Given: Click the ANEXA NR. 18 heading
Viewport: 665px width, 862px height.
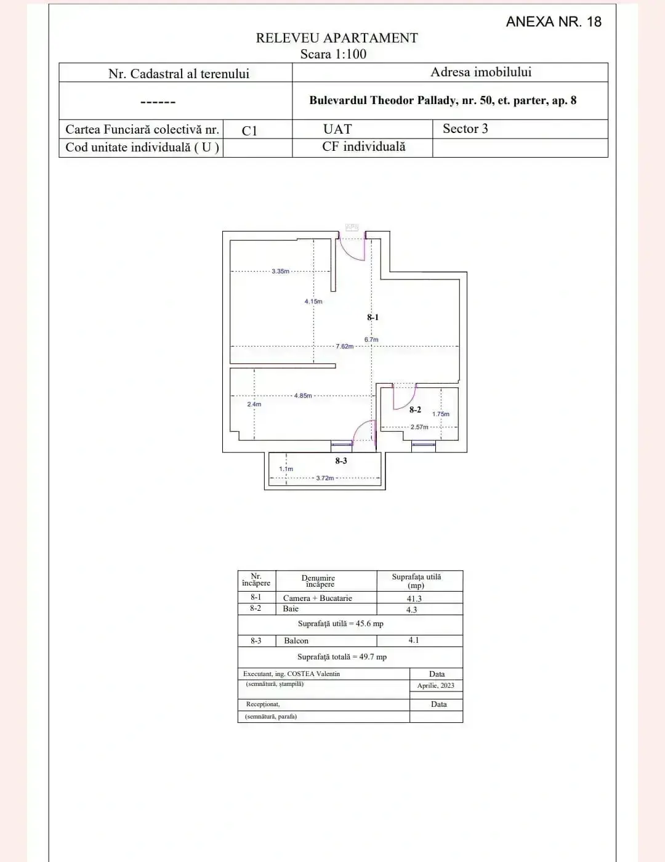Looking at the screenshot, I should (x=553, y=22).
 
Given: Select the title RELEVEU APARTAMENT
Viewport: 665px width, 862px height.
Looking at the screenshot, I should (x=337, y=38).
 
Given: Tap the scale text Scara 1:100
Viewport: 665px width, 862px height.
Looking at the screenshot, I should (x=333, y=54).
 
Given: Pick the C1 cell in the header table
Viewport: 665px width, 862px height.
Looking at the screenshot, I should (x=249, y=131).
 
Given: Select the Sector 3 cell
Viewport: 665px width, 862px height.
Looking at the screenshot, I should (x=465, y=129).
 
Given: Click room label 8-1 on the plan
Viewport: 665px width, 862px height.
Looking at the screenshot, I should (x=373, y=318).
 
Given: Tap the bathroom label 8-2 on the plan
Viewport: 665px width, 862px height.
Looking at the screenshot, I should (x=416, y=409).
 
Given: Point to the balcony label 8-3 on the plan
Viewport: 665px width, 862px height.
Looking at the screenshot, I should (x=341, y=461).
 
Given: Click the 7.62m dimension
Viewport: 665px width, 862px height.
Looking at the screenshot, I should (x=345, y=346).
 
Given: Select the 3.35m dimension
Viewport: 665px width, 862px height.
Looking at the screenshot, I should (x=280, y=271).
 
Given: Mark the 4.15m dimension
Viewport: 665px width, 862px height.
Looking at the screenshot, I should (x=313, y=302).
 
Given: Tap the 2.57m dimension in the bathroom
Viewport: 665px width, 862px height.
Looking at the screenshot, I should (x=419, y=427).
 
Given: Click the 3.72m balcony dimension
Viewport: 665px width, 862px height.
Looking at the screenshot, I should (x=324, y=478).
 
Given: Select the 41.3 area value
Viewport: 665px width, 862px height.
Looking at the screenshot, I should (x=414, y=598).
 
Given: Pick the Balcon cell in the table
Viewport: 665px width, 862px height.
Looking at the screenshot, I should (x=296, y=641).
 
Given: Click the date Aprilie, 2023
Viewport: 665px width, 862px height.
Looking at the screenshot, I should (x=435, y=685).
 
